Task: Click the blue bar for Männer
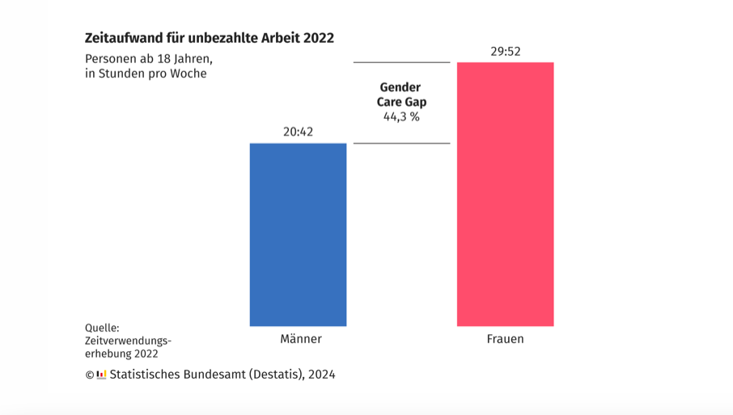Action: (298, 235)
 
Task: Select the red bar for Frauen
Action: (505, 194)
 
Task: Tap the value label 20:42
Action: (298, 132)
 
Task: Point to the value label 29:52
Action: (505, 51)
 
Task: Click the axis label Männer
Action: (300, 339)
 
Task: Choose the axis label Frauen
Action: (506, 339)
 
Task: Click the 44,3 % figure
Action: (401, 116)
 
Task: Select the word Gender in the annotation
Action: (400, 87)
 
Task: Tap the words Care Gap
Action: (401, 102)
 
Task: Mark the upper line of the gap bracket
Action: (401, 62)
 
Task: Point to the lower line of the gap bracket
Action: (401, 143)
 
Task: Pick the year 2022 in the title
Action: (318, 38)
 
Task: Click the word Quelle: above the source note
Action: (102, 328)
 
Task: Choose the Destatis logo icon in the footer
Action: (102, 375)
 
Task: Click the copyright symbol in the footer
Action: (90, 375)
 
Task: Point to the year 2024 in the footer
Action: (320, 375)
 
